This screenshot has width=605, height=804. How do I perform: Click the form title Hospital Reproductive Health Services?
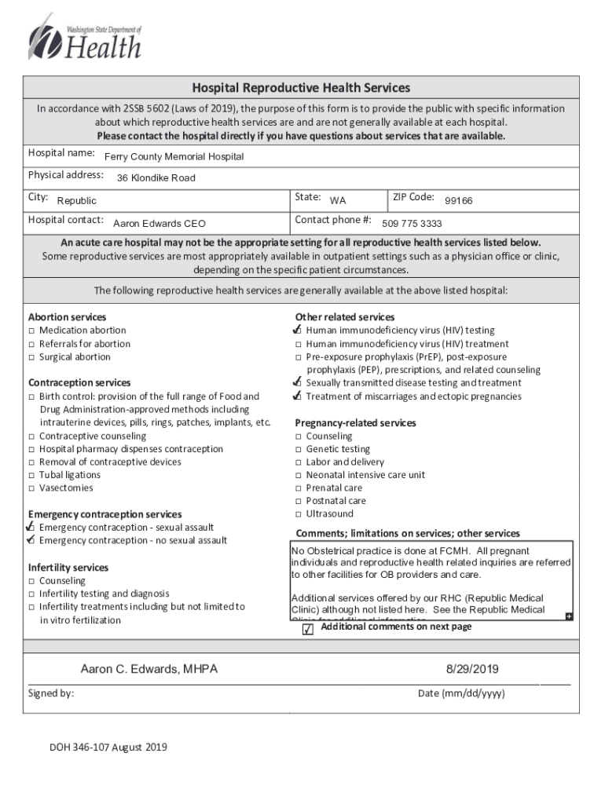point(302,88)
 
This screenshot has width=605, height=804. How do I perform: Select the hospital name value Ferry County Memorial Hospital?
point(174,157)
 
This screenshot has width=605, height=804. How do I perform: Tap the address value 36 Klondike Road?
point(156,178)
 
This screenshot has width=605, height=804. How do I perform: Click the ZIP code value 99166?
point(458,201)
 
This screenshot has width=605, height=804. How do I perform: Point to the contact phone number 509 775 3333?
point(412,224)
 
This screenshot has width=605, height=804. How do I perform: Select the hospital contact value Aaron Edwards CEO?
point(159,224)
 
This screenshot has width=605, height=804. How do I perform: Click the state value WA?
point(337,201)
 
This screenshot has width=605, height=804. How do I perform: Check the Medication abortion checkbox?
point(32,331)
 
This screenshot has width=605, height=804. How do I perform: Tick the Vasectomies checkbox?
point(32,488)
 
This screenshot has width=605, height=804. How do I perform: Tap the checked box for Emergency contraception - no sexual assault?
point(31,540)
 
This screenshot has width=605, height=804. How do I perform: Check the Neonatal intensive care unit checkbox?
point(299,475)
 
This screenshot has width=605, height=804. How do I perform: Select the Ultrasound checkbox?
point(299,514)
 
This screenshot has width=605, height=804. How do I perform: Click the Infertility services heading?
point(68,568)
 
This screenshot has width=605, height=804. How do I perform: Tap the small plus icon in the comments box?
point(568,616)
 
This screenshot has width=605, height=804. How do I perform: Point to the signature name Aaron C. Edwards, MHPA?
point(149,670)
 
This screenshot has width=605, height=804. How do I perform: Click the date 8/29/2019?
point(472,670)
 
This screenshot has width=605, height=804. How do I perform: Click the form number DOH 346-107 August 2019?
point(108,747)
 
